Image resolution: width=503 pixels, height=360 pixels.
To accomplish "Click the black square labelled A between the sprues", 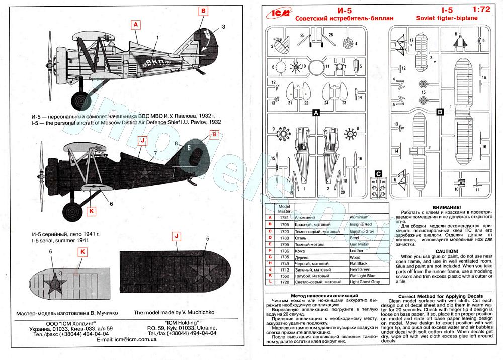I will click(x=316, y=113).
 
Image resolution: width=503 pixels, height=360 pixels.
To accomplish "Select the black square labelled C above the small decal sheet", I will click(x=378, y=173).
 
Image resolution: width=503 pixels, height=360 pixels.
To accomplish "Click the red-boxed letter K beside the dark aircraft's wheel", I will click(x=91, y=212).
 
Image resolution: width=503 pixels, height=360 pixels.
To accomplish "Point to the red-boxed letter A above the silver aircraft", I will click(x=136, y=24).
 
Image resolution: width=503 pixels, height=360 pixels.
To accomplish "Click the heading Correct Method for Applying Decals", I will click(x=441, y=296).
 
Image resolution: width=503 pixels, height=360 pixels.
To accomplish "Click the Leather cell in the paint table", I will click(x=357, y=250).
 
